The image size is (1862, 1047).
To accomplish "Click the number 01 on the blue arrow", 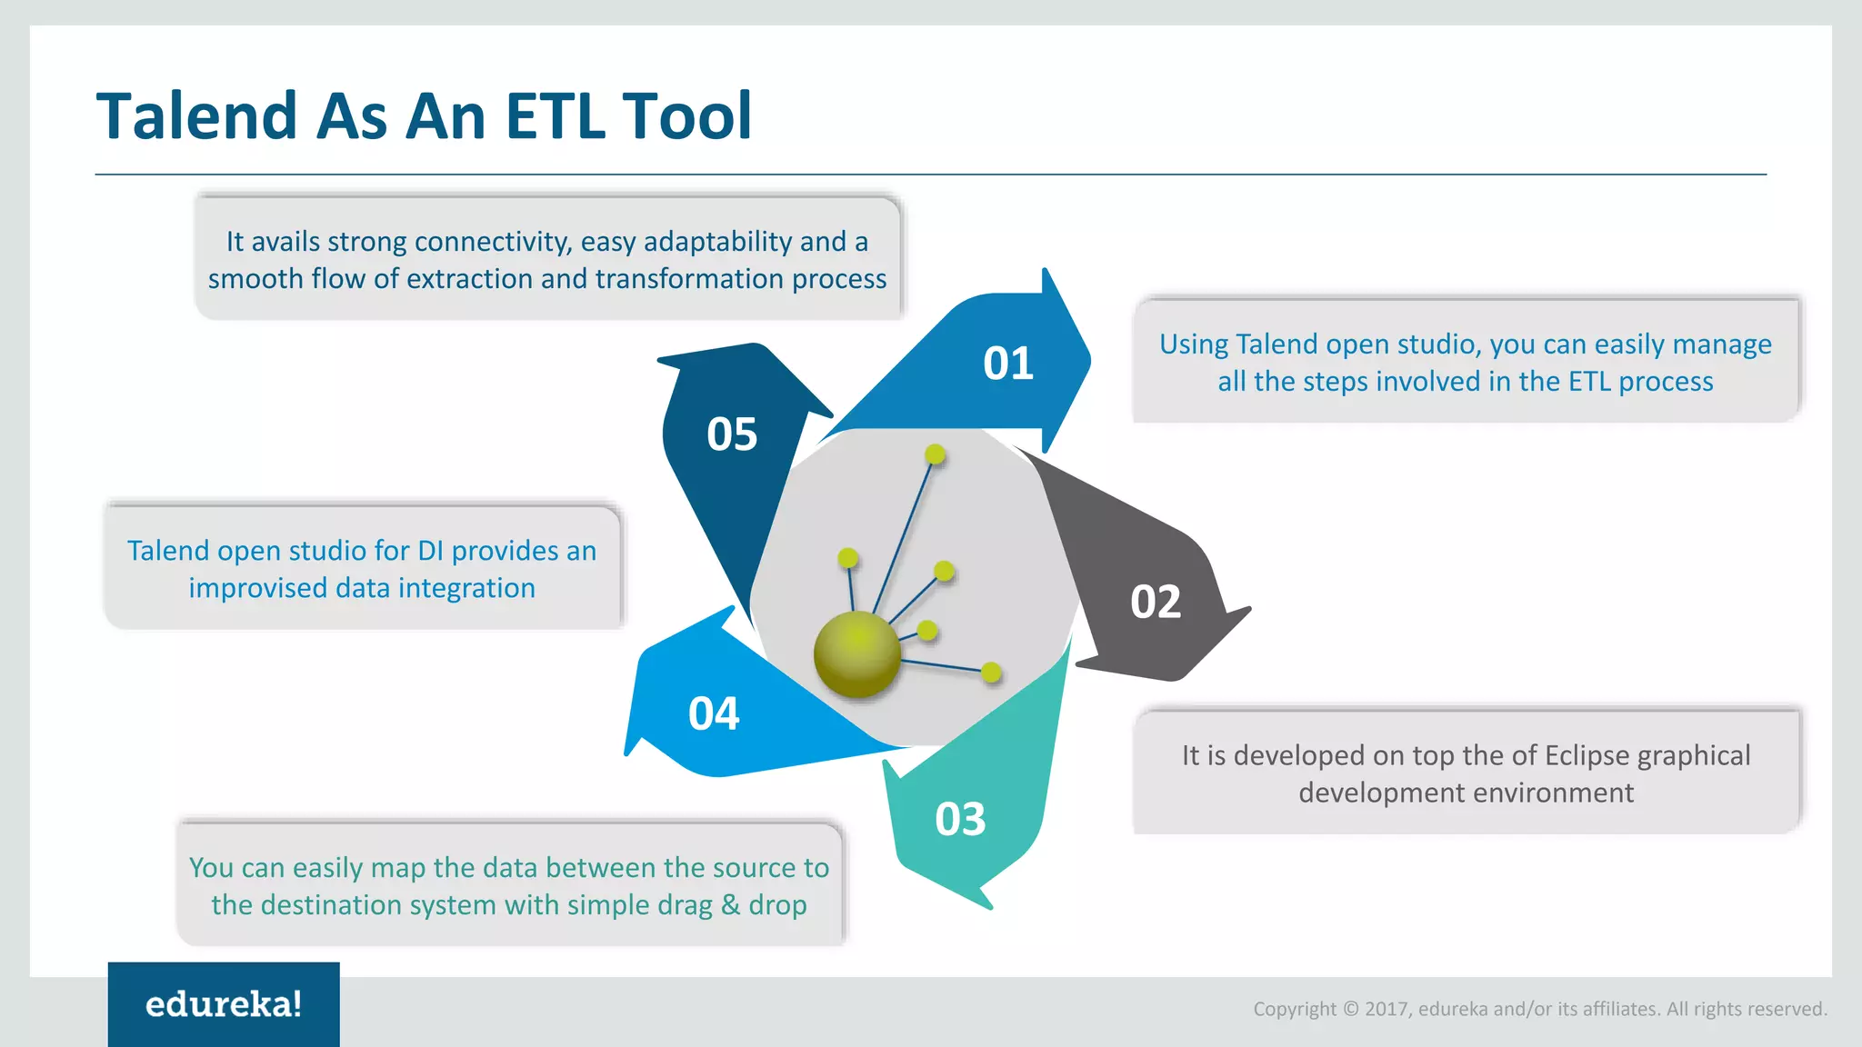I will [1007, 364].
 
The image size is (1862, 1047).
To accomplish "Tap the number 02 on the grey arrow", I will [1155, 602].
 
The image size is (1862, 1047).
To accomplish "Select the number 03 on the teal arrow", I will [960, 819].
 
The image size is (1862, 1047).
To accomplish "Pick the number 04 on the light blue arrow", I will [714, 713].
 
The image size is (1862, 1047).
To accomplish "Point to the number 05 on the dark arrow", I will [732, 434].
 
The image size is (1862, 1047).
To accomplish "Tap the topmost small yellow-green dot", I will [935, 454].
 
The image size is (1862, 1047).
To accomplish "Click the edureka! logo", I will [224, 1004].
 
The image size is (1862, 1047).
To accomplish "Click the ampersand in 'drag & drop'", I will [730, 905].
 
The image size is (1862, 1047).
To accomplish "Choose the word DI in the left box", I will [430, 551].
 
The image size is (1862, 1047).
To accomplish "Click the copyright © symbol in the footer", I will [1350, 1009].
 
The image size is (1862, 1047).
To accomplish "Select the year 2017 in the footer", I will [1386, 1009].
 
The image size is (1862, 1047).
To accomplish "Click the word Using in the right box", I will [1193, 344].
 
